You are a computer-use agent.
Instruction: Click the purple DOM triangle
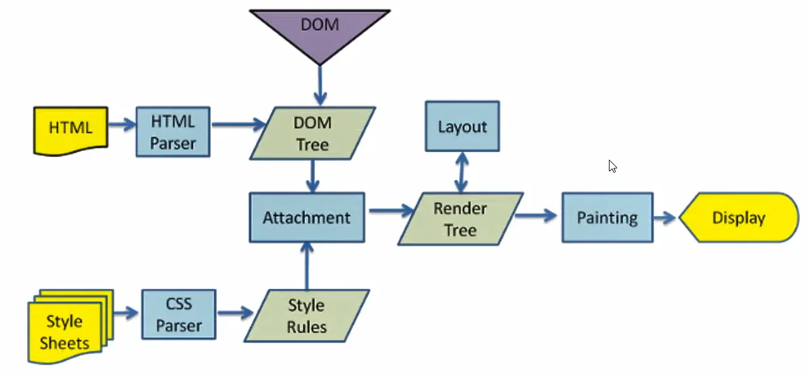click(x=319, y=30)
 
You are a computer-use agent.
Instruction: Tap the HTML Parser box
click(x=172, y=132)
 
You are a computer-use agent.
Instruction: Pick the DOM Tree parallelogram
click(x=312, y=134)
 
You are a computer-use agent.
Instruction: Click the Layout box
click(x=462, y=127)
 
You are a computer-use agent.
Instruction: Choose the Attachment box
click(x=307, y=218)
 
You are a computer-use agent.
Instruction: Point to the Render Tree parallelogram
click(x=461, y=219)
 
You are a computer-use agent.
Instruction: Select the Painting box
click(x=607, y=218)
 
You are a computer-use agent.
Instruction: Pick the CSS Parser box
click(x=179, y=315)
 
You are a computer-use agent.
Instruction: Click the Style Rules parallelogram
click(x=307, y=315)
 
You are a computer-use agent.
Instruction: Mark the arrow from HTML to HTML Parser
click(x=121, y=125)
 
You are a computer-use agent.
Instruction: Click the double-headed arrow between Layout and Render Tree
click(x=462, y=172)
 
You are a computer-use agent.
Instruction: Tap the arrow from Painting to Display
click(x=666, y=218)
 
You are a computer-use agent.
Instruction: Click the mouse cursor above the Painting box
click(x=612, y=166)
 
